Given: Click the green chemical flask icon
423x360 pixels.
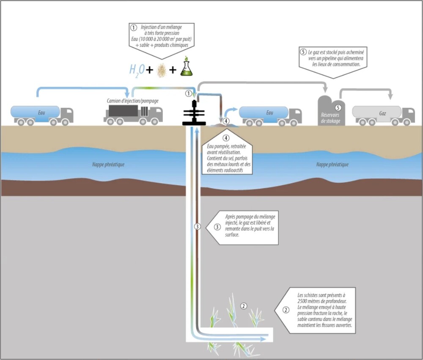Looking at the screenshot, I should point(186,68).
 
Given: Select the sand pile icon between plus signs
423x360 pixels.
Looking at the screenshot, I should point(161,69).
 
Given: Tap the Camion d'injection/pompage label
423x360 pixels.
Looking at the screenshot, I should point(133,101).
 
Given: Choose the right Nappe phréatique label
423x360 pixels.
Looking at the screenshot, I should point(332,165).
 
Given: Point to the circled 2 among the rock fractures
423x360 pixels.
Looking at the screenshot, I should point(243,306).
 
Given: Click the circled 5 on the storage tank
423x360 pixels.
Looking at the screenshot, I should point(338,108).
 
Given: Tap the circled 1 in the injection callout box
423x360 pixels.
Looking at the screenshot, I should point(134,28).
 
